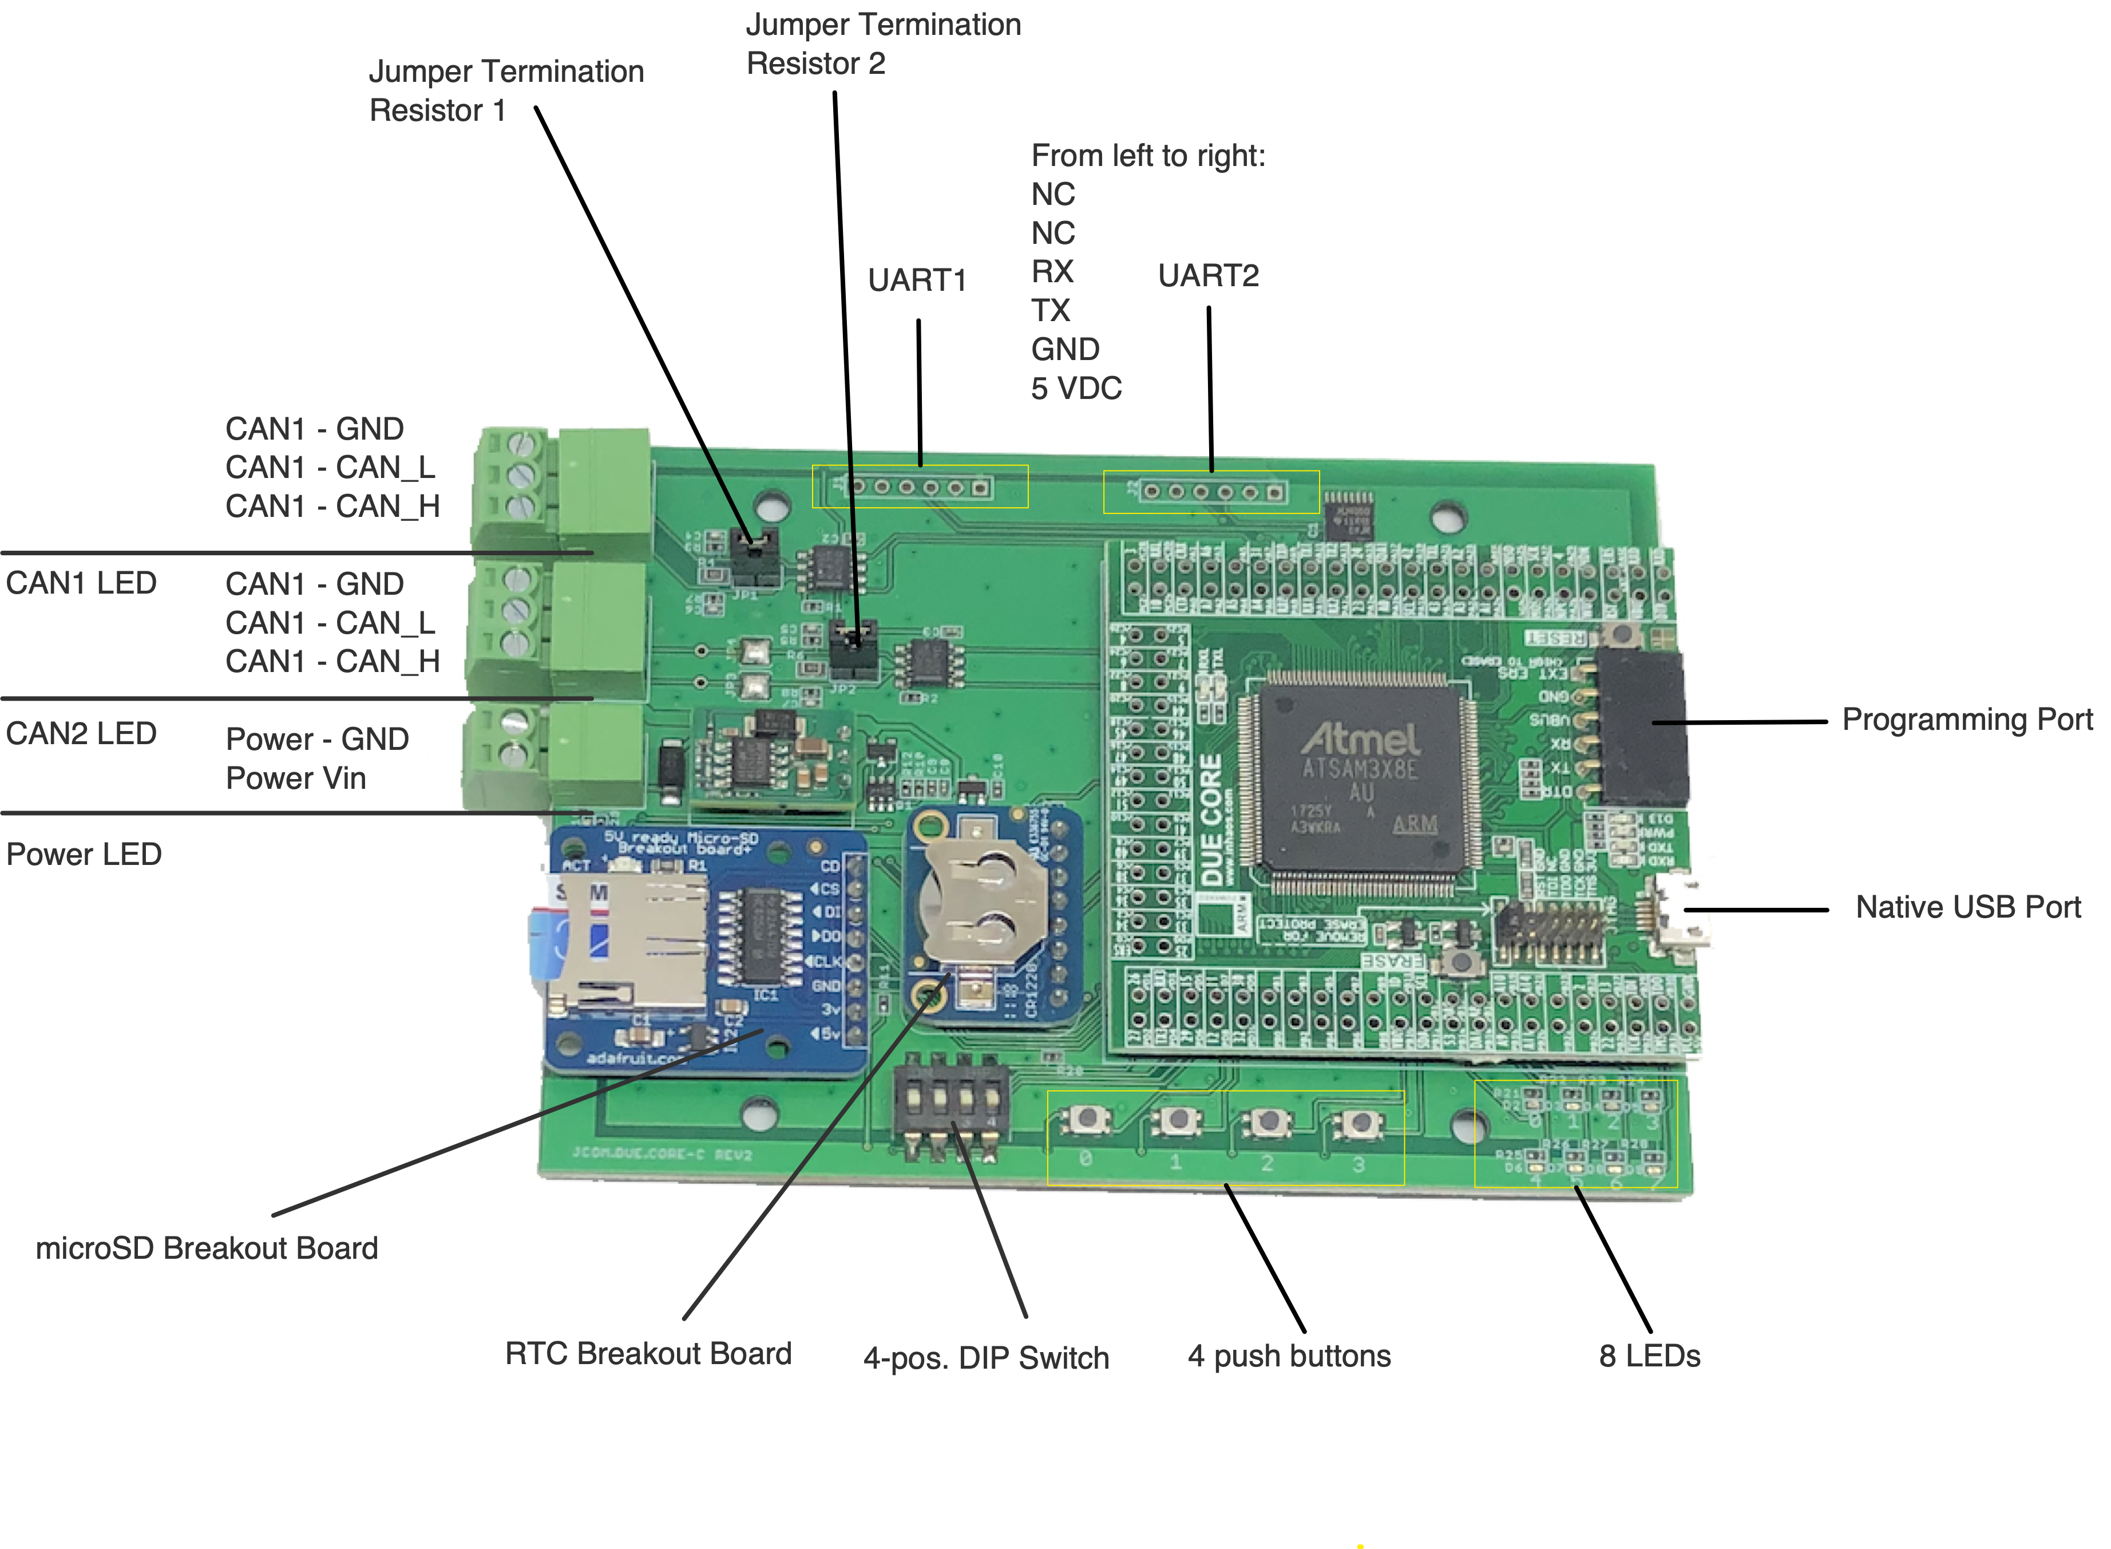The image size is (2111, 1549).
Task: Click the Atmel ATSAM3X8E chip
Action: click(1361, 779)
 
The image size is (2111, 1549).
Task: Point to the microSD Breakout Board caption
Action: click(206, 1248)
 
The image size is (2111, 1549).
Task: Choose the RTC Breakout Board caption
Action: click(648, 1353)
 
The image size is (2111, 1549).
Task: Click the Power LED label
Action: click(84, 854)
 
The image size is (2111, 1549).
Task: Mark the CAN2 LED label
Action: click(81, 733)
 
